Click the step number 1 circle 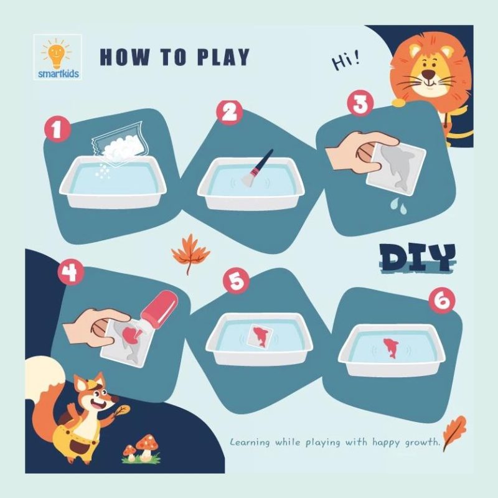(57, 129)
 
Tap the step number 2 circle (229, 112)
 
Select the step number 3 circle (360, 104)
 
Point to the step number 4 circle (71, 272)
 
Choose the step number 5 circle (237, 281)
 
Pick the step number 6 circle (442, 300)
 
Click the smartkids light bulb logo (58, 57)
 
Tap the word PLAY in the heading (223, 57)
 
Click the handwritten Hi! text (346, 60)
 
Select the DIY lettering (418, 258)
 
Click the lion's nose (429, 75)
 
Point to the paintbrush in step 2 (257, 167)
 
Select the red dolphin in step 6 (391, 348)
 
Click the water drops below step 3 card (399, 205)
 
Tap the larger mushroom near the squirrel (147, 447)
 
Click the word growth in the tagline (423, 443)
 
